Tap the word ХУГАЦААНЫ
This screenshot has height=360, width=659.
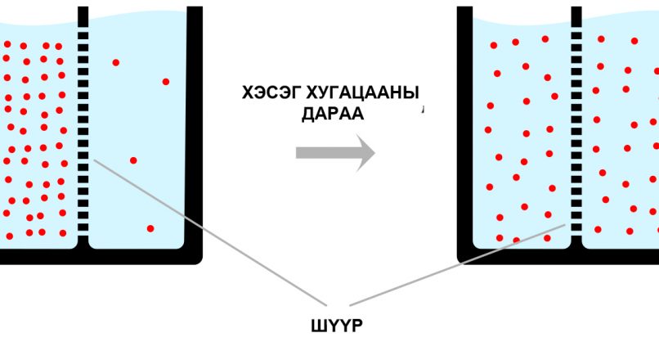(x=363, y=93)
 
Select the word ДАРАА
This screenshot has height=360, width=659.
(x=333, y=114)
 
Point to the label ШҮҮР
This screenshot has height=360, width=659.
(x=337, y=326)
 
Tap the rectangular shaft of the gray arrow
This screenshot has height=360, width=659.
(x=326, y=153)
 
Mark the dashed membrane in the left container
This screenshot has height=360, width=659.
(x=83, y=126)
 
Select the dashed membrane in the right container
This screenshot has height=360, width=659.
(x=576, y=126)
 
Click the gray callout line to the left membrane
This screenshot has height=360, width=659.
(x=210, y=232)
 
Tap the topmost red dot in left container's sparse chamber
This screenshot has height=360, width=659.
(x=115, y=63)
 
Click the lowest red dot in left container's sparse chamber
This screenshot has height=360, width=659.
(x=150, y=228)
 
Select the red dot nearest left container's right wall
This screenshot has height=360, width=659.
(x=166, y=82)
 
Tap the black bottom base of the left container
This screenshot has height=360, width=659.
(x=101, y=256)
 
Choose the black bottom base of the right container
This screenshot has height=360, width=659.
(x=558, y=256)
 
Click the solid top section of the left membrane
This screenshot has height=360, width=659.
(x=83, y=18)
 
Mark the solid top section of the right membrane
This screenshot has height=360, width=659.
(x=576, y=18)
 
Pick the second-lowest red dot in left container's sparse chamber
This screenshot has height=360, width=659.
(x=133, y=160)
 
